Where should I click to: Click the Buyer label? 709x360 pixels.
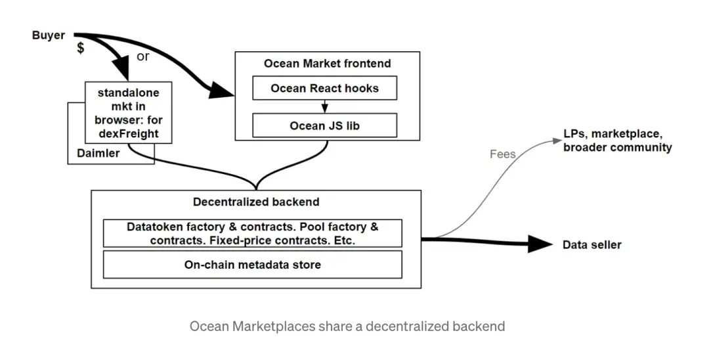click(48, 35)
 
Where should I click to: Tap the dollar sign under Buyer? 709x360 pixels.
click(80, 49)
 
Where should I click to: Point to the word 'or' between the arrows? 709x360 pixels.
click(143, 56)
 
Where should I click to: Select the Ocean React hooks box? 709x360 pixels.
click(324, 88)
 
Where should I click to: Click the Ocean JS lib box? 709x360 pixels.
click(324, 125)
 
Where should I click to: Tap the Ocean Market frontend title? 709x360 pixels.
click(327, 64)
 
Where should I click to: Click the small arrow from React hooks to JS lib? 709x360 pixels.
click(324, 106)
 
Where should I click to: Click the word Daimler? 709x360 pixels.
click(98, 152)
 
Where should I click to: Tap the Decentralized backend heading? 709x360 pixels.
click(256, 202)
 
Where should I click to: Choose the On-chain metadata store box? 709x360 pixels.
click(252, 265)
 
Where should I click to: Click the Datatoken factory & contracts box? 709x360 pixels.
click(252, 233)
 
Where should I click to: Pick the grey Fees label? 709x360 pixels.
click(503, 154)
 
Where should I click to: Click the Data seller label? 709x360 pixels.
click(591, 245)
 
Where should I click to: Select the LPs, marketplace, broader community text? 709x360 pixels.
click(617, 141)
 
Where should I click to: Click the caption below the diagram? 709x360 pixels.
click(347, 326)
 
